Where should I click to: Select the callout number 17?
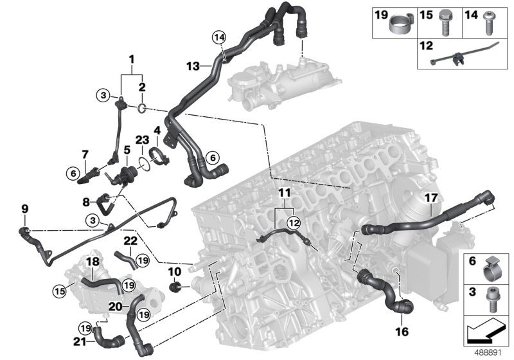coord(430,198)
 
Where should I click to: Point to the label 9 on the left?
coord(25,208)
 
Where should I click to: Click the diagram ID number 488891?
coord(491,352)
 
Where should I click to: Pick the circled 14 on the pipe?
coord(220,39)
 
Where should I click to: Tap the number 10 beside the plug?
coord(173,272)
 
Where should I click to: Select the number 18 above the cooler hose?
coord(93,262)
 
